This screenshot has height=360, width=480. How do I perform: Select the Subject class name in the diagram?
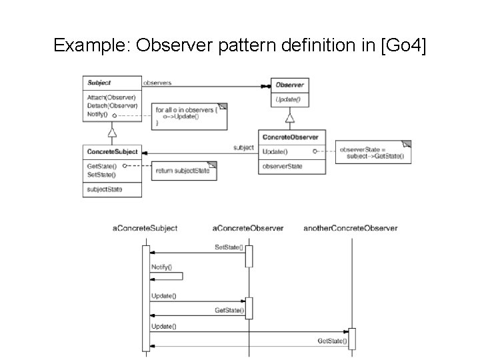point(99,83)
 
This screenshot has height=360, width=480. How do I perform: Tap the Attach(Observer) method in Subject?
point(111,97)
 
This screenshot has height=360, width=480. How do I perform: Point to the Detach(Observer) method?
point(112,105)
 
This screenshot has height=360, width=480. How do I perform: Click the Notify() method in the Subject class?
point(97,114)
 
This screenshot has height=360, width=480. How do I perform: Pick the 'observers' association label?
point(157,83)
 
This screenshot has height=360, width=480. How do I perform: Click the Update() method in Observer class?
point(289,99)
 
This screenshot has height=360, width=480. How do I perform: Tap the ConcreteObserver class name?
point(291,137)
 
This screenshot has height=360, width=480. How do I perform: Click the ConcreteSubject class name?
point(111,152)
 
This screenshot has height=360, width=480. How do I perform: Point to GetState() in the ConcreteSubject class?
point(102,166)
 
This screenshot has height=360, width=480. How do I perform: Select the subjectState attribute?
point(105,190)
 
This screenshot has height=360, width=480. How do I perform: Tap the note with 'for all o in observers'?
point(189,115)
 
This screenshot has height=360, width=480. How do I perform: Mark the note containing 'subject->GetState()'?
point(373,153)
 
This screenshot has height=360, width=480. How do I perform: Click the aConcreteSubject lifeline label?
point(145,228)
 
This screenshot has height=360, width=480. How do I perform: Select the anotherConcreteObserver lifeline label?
point(350,228)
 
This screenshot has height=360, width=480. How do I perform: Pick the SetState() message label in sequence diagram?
point(228,247)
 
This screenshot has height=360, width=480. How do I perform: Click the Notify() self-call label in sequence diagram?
point(161,267)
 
